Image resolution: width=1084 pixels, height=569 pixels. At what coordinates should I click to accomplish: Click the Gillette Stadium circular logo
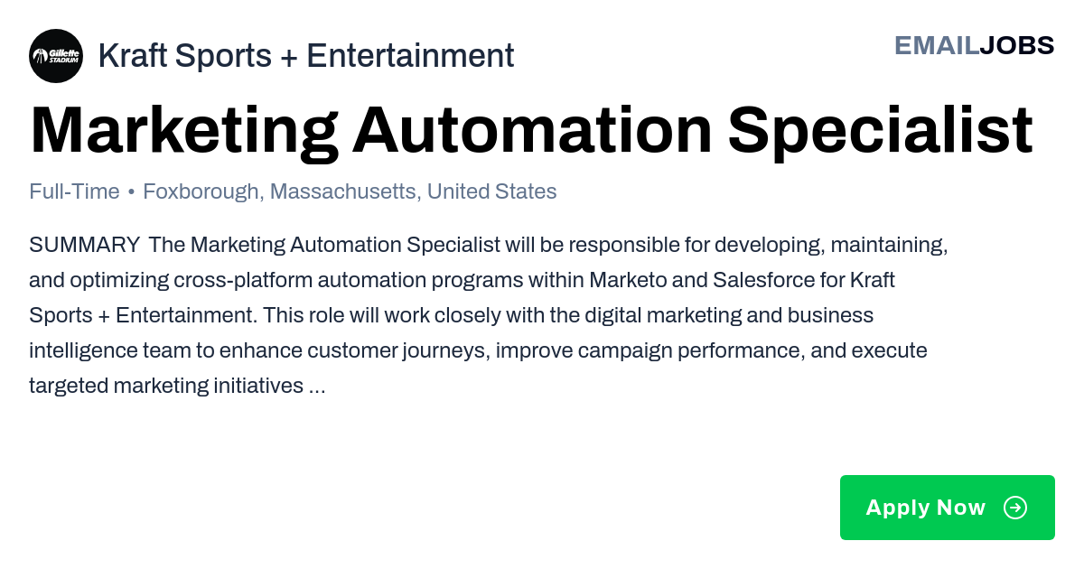(x=56, y=56)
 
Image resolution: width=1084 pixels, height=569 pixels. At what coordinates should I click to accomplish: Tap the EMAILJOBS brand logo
(x=974, y=46)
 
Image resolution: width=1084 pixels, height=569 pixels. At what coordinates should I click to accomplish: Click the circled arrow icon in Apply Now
(x=1014, y=508)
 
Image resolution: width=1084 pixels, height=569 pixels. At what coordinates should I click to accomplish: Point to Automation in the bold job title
(x=532, y=131)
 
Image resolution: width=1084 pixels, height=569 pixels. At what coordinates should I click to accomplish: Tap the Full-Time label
(x=74, y=191)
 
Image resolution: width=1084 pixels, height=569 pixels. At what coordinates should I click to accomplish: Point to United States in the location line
(x=491, y=191)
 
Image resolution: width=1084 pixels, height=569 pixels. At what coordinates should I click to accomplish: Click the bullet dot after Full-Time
(x=131, y=192)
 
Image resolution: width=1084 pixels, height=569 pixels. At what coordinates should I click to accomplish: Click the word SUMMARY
(x=85, y=245)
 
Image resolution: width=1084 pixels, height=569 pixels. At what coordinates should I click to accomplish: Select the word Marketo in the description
(x=628, y=280)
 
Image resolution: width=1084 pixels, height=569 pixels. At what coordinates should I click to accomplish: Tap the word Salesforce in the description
(x=763, y=280)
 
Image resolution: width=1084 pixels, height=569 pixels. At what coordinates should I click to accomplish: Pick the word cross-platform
(x=243, y=281)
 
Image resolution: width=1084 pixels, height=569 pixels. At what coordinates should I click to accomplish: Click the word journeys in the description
(x=446, y=351)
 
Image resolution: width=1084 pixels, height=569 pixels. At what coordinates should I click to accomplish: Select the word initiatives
(x=258, y=387)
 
